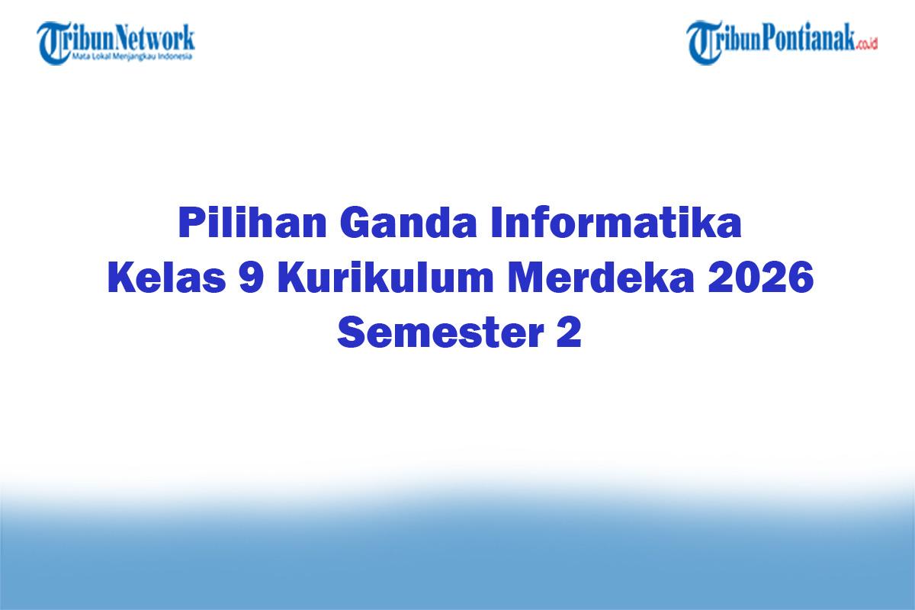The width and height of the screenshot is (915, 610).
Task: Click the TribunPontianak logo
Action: tap(782, 41)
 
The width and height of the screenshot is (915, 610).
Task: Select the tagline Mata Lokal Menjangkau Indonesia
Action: tap(132, 56)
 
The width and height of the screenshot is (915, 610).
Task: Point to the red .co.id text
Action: tap(867, 44)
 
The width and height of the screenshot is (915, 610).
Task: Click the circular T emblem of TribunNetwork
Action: tap(53, 42)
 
